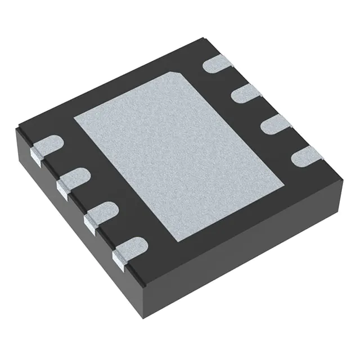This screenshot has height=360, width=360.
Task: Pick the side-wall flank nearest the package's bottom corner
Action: pos(119,256)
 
